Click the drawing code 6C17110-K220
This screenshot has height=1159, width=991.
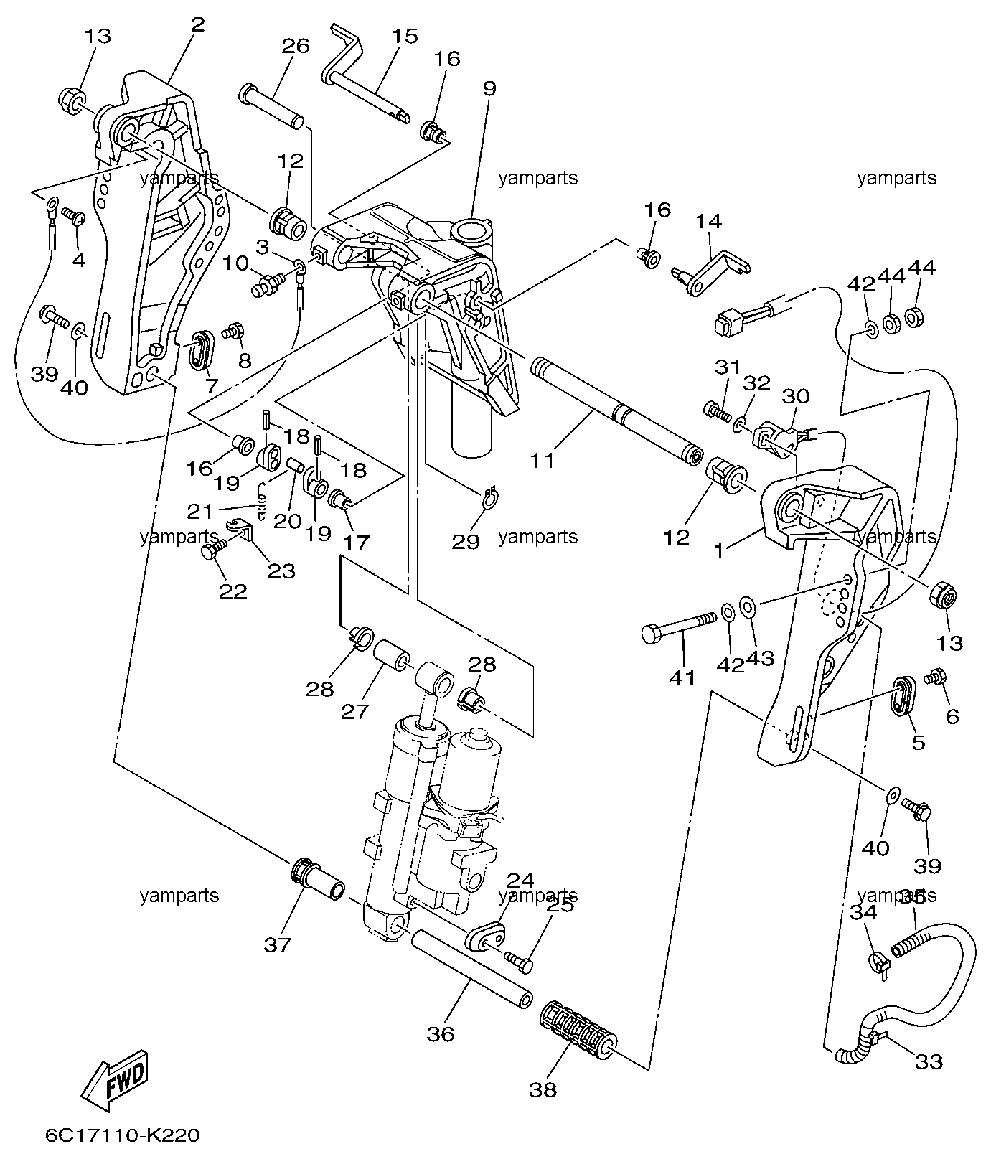[122, 1136]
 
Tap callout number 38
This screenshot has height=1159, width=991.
[543, 1089]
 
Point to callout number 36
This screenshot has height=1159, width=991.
[441, 1034]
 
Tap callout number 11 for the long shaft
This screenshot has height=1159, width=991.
[543, 460]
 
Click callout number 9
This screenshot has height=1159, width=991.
[489, 89]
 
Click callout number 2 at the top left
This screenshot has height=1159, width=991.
[198, 24]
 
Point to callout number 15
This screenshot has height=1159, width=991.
[405, 36]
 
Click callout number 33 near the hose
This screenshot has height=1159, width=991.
[929, 1061]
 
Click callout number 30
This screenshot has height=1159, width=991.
[796, 396]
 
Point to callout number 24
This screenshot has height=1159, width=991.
[522, 879]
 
